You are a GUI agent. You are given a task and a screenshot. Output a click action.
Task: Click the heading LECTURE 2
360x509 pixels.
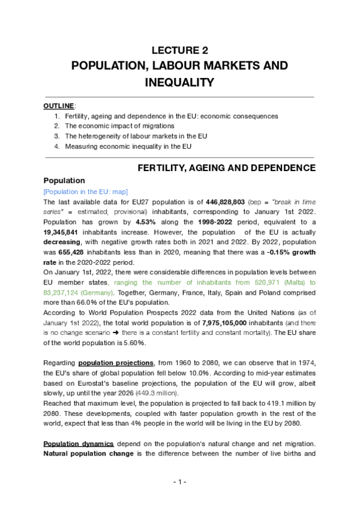pos(179,50)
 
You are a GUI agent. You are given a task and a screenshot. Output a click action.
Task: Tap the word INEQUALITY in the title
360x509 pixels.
pos(179,82)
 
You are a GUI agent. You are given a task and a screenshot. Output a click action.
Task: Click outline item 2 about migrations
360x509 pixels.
pos(119,126)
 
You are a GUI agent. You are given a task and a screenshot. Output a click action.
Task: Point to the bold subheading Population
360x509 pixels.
pos(65,180)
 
